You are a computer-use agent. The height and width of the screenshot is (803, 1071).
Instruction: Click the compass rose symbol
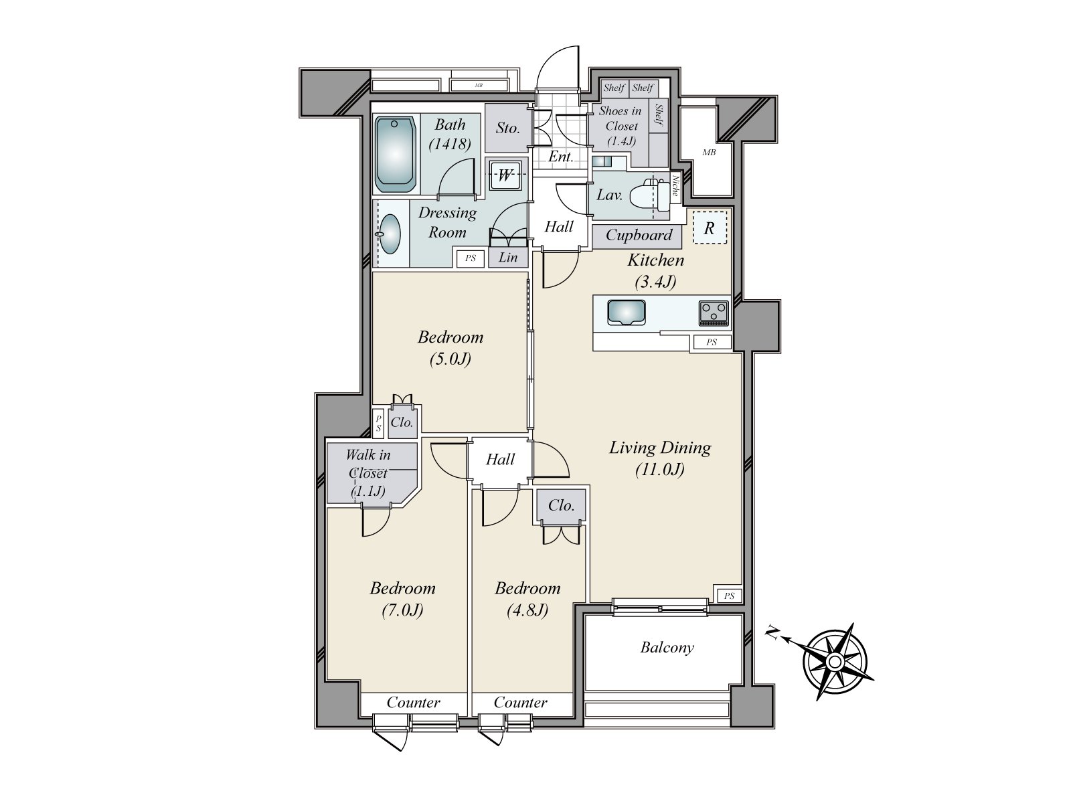tap(835, 661)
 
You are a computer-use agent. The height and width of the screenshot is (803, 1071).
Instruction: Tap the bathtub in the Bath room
tap(395, 154)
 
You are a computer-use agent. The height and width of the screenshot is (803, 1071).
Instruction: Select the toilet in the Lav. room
tap(649, 195)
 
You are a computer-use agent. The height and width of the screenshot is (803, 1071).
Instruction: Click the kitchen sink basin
tap(627, 313)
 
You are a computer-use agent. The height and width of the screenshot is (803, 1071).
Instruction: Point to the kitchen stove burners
tap(714, 313)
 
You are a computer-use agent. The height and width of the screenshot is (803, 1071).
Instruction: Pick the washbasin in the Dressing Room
tap(390, 234)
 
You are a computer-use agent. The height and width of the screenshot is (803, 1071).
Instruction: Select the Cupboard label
tap(639, 236)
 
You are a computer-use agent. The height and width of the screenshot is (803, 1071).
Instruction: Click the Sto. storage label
tap(507, 128)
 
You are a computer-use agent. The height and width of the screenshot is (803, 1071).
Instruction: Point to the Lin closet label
tap(508, 258)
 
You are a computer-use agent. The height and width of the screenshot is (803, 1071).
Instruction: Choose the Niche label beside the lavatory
tap(676, 185)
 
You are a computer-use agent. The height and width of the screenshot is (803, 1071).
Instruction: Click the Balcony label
tap(667, 648)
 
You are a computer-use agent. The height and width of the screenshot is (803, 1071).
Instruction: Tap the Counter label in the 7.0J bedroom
tap(413, 703)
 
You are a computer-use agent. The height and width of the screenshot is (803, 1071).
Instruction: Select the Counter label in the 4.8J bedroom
tap(520, 703)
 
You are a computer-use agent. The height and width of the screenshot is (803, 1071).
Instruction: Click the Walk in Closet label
tap(368, 473)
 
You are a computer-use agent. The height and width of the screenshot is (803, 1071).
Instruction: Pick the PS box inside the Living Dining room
tap(729, 596)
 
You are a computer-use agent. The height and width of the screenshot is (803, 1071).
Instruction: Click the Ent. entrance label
tap(561, 157)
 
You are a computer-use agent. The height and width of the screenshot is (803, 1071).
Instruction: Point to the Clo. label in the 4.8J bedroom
tap(561, 505)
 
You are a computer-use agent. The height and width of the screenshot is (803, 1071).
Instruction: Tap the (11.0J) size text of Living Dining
tap(660, 470)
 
